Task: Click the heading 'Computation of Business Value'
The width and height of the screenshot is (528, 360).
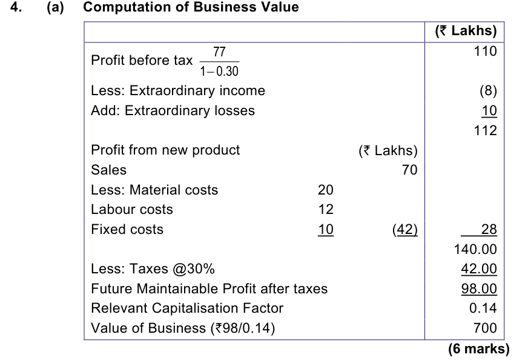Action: click(191, 7)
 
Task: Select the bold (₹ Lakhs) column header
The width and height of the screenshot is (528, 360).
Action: click(466, 31)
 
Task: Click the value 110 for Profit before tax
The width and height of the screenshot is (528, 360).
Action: click(485, 52)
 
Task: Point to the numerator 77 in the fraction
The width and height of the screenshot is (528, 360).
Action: click(219, 52)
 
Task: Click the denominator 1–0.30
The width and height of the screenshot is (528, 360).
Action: click(219, 71)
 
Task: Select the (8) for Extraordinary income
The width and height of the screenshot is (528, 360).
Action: click(488, 91)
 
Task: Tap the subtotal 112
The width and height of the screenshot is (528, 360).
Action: click(485, 130)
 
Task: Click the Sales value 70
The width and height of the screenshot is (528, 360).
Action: click(409, 170)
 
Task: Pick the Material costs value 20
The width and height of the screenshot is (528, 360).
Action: click(326, 190)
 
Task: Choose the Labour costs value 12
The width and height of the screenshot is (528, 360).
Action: click(326, 209)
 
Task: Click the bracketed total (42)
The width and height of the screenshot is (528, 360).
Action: click(405, 230)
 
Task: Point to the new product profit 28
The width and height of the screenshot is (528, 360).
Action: click(489, 229)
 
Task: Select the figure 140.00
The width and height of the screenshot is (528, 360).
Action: click(475, 250)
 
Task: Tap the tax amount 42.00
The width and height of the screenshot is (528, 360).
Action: click(479, 269)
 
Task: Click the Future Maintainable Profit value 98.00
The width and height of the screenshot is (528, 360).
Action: click(479, 289)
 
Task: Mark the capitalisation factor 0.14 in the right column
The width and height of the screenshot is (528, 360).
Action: click(483, 308)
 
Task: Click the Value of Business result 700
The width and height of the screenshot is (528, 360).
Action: click(485, 328)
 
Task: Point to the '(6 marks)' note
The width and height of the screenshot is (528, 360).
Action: click(479, 349)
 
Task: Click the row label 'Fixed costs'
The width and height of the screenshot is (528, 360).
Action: click(127, 229)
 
